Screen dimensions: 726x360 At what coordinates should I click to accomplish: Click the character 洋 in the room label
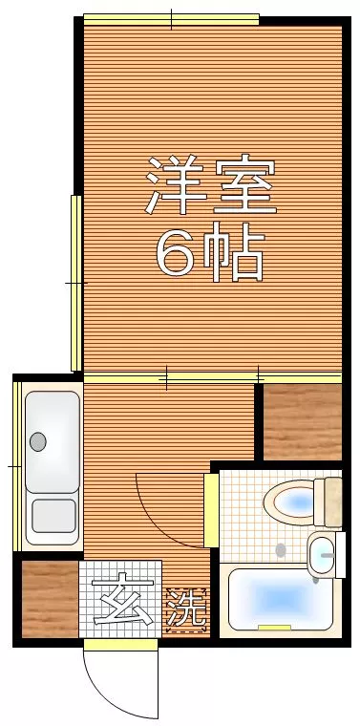(173, 185)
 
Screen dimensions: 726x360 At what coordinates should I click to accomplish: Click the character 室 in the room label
(245, 185)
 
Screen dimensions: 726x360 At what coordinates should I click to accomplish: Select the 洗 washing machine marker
(187, 609)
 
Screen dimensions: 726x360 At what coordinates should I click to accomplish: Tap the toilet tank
(332, 501)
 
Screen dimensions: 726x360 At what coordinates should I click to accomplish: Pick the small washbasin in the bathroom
(324, 554)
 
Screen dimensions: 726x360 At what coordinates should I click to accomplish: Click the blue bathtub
(277, 600)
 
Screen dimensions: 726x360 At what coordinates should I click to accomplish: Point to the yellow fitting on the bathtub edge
(274, 628)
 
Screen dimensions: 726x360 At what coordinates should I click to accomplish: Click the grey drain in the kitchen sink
(38, 441)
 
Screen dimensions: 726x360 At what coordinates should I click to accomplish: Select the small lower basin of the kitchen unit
(53, 515)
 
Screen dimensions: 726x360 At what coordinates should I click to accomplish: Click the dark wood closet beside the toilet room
(302, 421)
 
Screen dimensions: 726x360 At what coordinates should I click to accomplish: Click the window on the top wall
(172, 18)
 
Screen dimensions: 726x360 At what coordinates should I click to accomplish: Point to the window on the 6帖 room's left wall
(75, 283)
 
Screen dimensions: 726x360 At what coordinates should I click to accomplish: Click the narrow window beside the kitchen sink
(16, 464)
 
